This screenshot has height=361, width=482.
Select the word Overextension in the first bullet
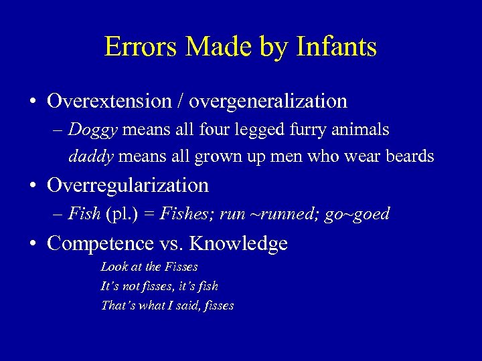tap(109, 101)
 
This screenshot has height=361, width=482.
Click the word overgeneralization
tap(268, 101)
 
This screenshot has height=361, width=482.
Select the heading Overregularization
tap(128, 185)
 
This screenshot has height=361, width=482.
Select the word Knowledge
tap(238, 243)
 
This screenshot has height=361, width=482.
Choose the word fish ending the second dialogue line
tap(208, 286)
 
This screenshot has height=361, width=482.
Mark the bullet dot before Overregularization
tap(32, 186)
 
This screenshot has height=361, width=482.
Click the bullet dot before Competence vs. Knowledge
tap(32, 244)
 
